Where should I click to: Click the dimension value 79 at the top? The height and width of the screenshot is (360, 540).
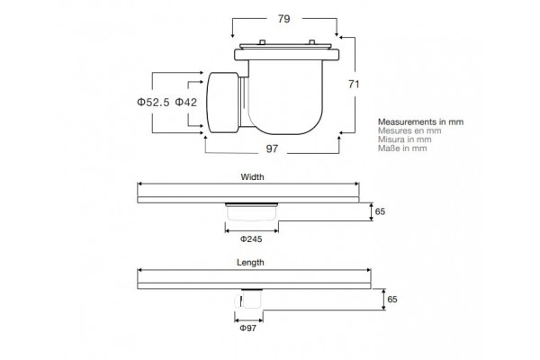click(x=284, y=19)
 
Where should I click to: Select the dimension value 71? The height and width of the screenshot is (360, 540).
click(x=354, y=84)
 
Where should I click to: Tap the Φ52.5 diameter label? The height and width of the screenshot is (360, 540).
click(x=153, y=103)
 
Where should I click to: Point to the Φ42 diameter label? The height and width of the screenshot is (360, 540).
click(x=186, y=103)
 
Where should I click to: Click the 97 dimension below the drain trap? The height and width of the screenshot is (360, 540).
click(x=272, y=148)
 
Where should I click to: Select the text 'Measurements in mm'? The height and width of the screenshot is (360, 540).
click(x=420, y=122)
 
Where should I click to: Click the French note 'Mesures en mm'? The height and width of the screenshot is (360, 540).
click(x=409, y=130)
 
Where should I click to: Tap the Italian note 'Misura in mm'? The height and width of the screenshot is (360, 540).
click(x=404, y=139)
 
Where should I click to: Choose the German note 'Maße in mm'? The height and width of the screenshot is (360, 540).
click(x=402, y=148)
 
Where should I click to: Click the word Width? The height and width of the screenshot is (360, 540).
click(x=252, y=177)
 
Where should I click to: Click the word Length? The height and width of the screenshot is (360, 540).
click(x=250, y=263)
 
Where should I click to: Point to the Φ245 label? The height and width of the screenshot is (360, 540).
click(x=251, y=239)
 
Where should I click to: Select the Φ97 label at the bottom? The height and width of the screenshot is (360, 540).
click(x=248, y=328)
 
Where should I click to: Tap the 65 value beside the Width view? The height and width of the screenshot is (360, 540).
click(x=380, y=211)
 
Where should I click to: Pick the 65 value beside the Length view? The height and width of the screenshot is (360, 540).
click(x=392, y=300)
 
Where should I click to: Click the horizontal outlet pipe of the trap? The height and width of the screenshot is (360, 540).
click(x=223, y=103)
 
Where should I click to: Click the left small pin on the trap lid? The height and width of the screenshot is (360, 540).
click(x=262, y=42)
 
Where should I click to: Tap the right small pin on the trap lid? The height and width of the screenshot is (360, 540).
click(x=311, y=42)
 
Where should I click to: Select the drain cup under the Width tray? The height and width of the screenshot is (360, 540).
click(x=251, y=211)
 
